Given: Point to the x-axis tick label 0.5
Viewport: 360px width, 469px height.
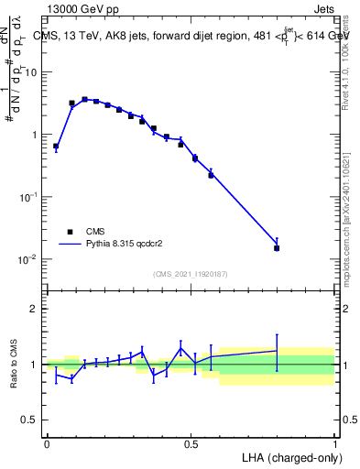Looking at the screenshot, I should coord(191,442).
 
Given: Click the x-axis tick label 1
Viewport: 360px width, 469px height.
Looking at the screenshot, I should coord(334,442).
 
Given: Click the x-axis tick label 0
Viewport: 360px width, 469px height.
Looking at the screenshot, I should coord(47,442).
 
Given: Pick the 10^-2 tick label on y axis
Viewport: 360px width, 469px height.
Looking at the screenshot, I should coord(28,259).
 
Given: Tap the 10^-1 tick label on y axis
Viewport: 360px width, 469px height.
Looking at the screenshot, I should coord(28,197).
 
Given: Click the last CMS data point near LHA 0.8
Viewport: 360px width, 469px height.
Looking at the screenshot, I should coord(277,248).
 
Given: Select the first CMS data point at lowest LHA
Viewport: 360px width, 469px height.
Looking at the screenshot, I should coord(56,146).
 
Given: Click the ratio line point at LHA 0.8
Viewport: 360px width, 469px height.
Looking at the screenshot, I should coord(277,351).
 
